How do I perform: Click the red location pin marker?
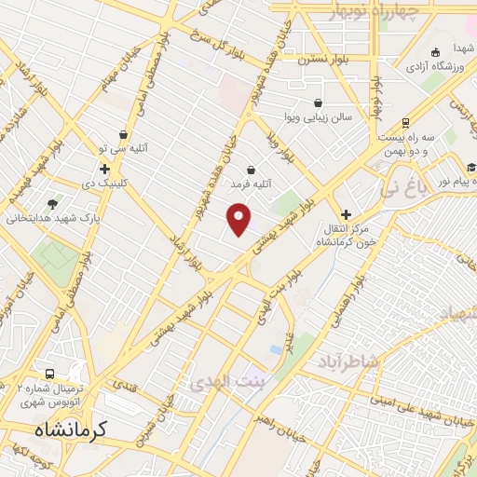click(239, 220)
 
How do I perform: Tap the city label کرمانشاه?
click(72, 430)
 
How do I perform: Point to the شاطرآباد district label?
click(348, 361)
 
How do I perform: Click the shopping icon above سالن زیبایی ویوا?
click(319, 102)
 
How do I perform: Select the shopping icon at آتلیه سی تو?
click(123, 135)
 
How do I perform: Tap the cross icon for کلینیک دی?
click(104, 170)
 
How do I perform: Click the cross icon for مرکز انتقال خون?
click(346, 213)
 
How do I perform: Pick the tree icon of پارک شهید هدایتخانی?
click(51, 204)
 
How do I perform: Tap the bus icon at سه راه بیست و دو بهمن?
click(405, 122)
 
